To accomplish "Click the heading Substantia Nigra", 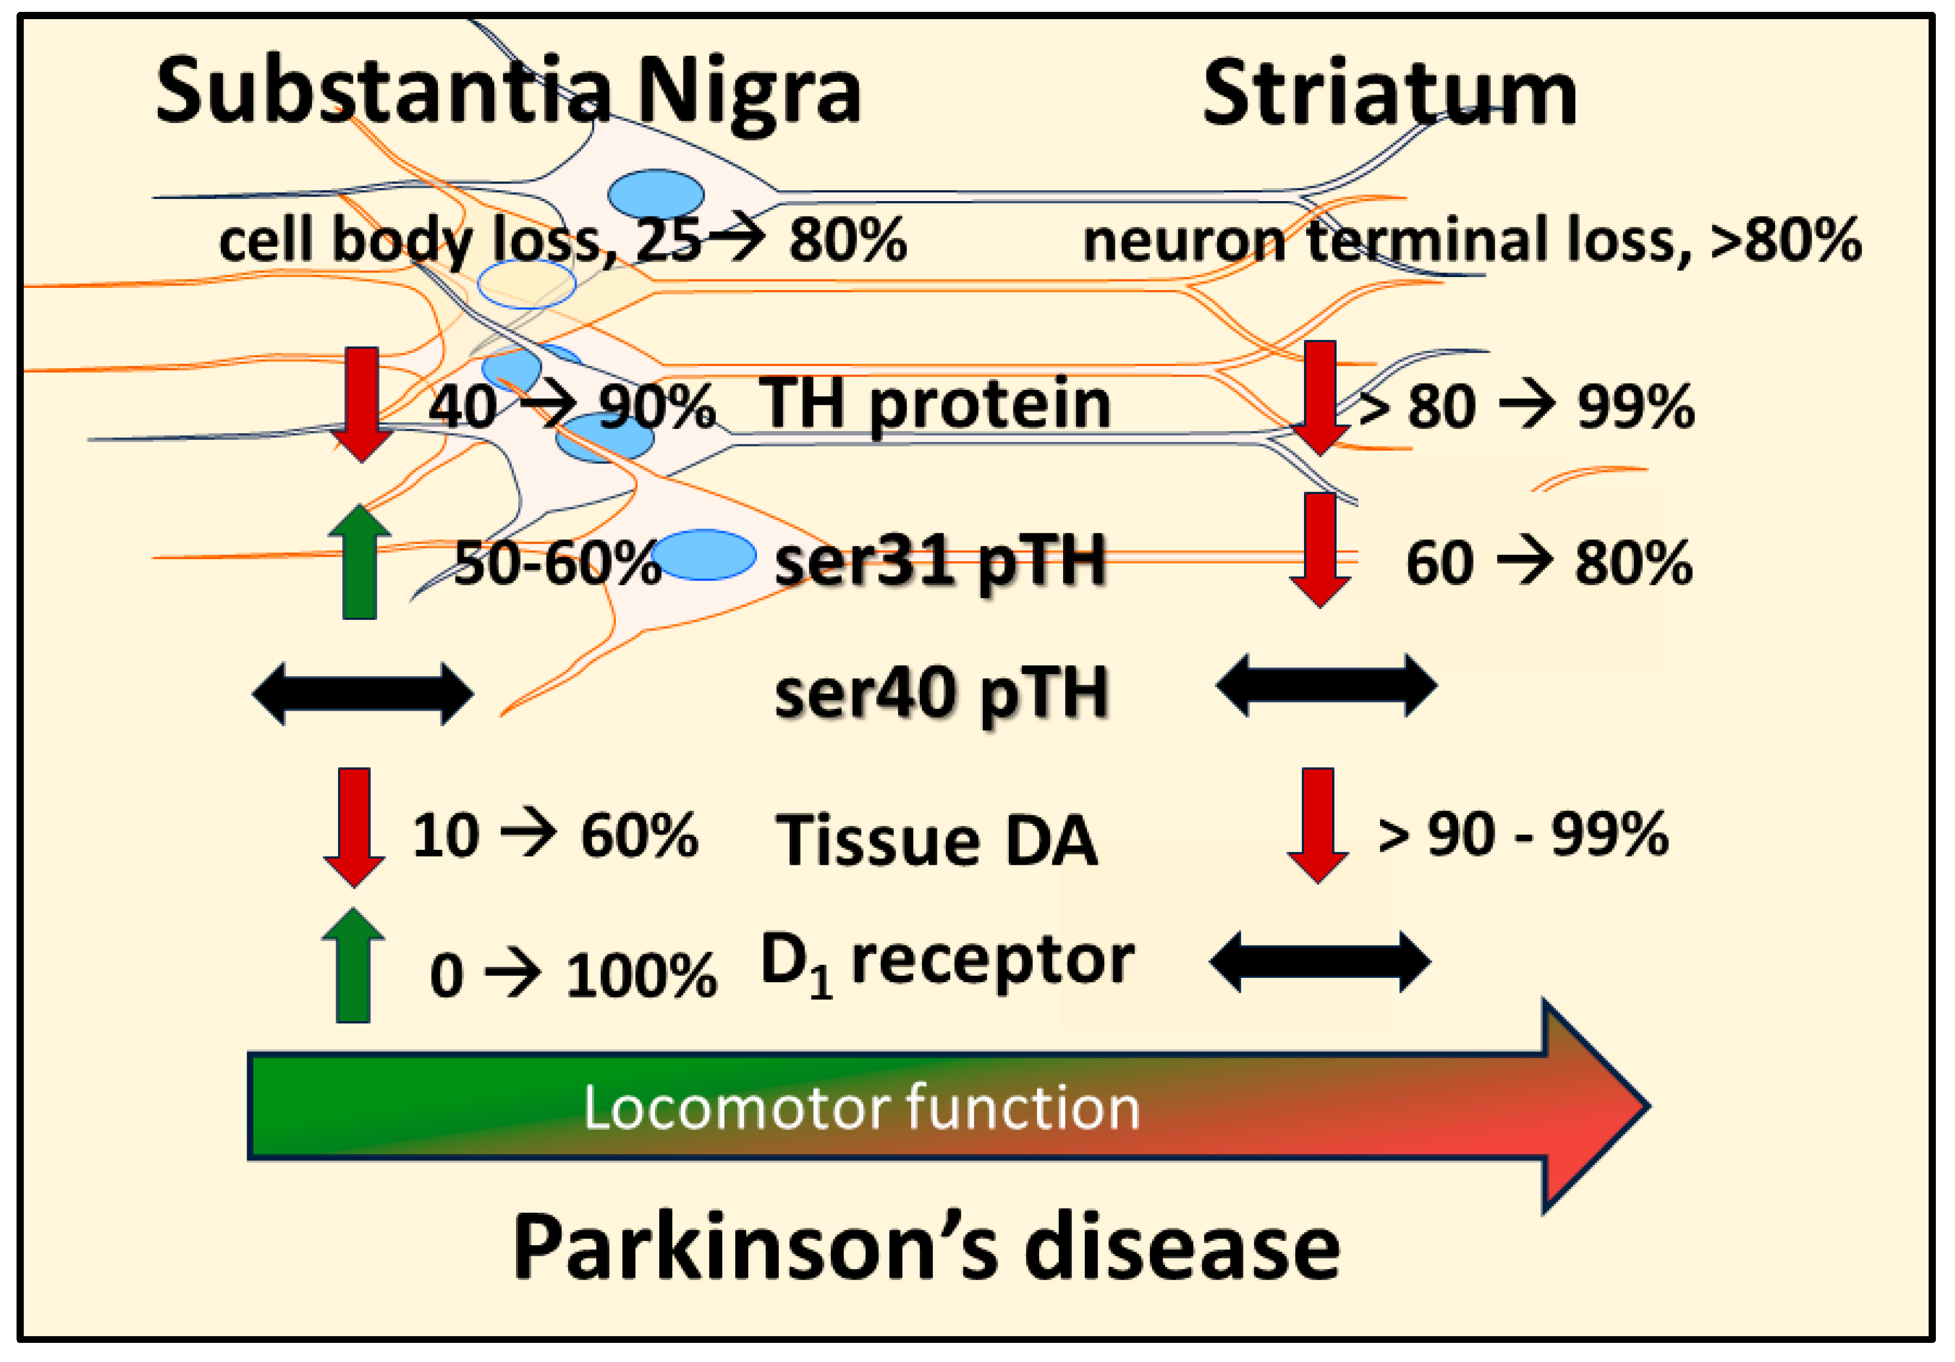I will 508,92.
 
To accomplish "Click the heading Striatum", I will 1390,94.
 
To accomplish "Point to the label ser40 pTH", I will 941,694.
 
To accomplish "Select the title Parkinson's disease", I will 927,1248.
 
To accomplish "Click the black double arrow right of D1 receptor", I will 1320,962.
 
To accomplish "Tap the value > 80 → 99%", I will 1524,407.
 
